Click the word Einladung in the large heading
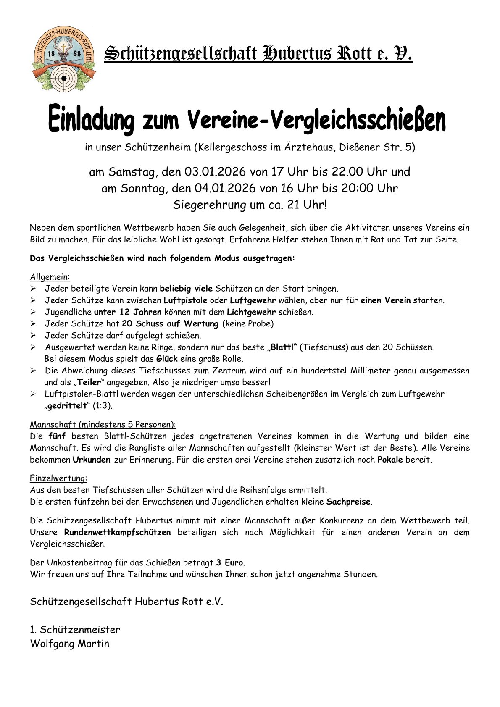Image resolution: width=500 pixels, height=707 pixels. pos(91,119)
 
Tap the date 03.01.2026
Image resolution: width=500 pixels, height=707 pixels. pos(215,172)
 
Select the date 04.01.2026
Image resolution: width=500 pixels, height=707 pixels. pos(225,188)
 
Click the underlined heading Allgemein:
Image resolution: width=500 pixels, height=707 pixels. pos(50,277)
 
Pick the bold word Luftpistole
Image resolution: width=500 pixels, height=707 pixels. pos(185,300)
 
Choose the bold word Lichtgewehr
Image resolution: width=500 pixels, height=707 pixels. pos(251,312)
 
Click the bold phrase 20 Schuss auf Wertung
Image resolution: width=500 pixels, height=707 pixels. pos(170,324)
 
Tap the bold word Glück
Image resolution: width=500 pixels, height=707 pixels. pos(167,359)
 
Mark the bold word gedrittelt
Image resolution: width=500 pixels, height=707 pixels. pos(67,406)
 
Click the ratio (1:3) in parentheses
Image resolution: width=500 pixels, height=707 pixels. pos(103,406)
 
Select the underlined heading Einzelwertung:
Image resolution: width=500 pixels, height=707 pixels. pos(58,478)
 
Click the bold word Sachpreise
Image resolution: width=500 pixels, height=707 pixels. pos(349,502)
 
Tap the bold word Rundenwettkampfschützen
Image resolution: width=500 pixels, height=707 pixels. pos(117,532)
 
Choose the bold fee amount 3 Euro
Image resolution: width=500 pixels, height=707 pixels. pos(231,562)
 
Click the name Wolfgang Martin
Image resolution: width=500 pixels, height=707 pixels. pos(70,644)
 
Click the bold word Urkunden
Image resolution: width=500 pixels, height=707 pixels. pos(92,460)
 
